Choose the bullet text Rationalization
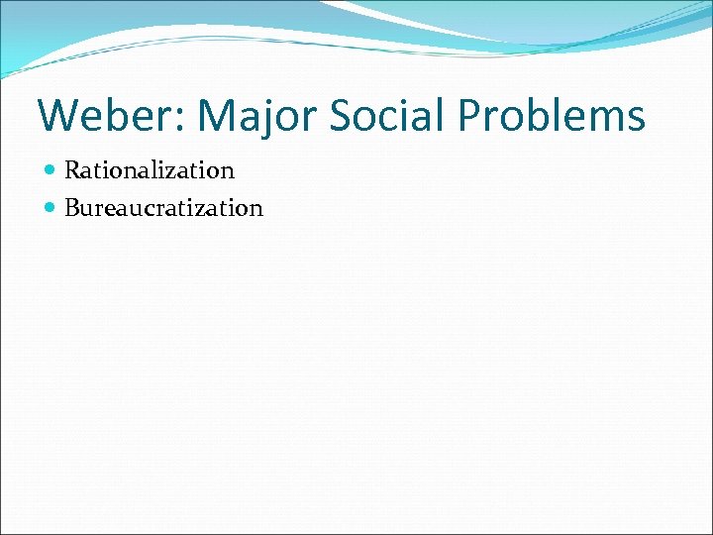149,170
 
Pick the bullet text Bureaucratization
163,208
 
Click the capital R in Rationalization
72,170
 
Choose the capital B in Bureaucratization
72,208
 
